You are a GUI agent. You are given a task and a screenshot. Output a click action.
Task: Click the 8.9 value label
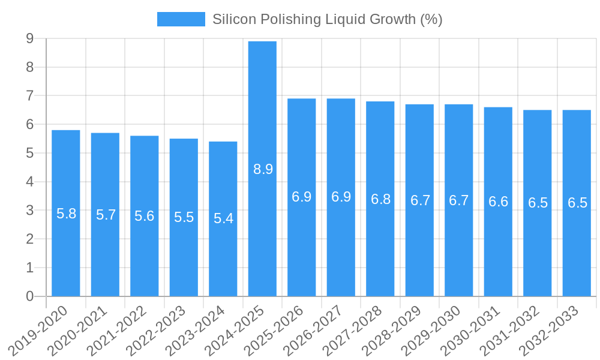263,169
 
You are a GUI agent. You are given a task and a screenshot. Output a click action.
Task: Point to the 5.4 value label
223,218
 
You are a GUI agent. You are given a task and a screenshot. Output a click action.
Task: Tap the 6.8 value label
380,199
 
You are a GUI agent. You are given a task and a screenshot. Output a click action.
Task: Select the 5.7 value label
106,215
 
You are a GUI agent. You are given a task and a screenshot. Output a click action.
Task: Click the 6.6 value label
498,202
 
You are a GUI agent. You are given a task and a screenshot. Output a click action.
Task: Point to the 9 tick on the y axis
29,39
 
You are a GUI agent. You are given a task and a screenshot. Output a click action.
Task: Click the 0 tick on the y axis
29,296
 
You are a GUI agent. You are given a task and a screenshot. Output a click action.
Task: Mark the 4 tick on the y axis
29,182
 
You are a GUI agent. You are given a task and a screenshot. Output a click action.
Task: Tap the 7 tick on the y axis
29,96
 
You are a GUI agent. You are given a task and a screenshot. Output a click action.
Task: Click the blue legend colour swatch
181,19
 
